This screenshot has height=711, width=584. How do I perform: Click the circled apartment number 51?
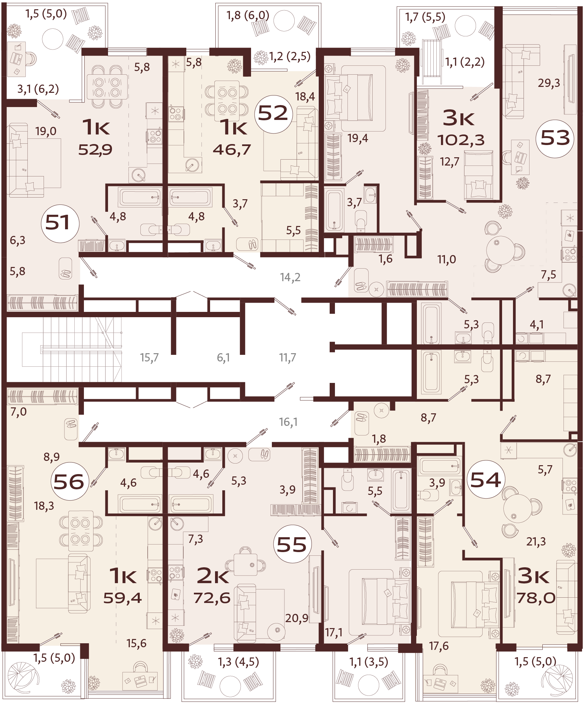pyautogui.click(x=60, y=223)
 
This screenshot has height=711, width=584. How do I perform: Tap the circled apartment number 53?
pyautogui.click(x=555, y=138)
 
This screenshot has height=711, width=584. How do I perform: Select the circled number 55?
pyautogui.click(x=292, y=544)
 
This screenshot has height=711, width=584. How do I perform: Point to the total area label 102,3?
pyautogui.click(x=461, y=140)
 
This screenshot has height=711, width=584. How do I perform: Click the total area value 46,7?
pyautogui.click(x=232, y=149)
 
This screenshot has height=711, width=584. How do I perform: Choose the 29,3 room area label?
pyautogui.click(x=549, y=83)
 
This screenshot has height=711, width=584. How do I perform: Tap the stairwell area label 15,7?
pyautogui.click(x=149, y=357)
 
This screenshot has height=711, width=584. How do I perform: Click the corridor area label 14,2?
pyautogui.click(x=290, y=277)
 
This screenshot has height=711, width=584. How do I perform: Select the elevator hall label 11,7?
pyautogui.click(x=287, y=357)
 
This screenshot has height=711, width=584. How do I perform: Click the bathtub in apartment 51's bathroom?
pyautogui.click(x=139, y=197)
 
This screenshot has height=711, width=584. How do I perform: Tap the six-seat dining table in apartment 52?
pyautogui.click(x=227, y=101)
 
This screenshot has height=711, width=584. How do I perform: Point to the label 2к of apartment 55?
pyautogui.click(x=213, y=576)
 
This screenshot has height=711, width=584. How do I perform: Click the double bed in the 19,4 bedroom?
pyautogui.click(x=357, y=97)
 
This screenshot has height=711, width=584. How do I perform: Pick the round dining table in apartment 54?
pyautogui.click(x=517, y=508)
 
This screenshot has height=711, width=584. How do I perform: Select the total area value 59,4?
pyautogui.click(x=122, y=598)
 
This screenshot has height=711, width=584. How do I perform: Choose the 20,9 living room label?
pyautogui.click(x=296, y=618)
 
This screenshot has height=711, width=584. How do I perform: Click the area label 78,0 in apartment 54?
pyautogui.click(x=536, y=598)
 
